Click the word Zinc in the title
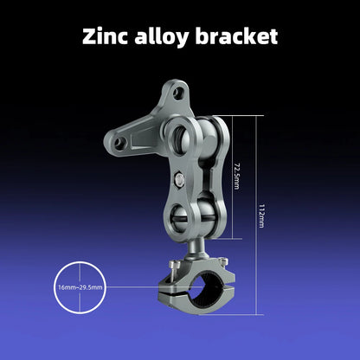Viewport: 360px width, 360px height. pyautogui.click(x=105, y=36)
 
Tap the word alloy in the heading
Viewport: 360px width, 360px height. pyautogui.click(x=162, y=37)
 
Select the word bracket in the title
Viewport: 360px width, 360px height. pyautogui.click(x=236, y=36)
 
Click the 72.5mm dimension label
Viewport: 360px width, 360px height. pyautogui.click(x=236, y=176)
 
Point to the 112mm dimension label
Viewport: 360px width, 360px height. pyautogui.click(x=261, y=216)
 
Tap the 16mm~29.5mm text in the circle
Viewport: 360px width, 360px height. pyautogui.click(x=80, y=287)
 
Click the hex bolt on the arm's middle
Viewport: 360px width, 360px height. pyautogui.click(x=180, y=181)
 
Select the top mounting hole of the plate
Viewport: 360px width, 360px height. pyautogui.click(x=178, y=93)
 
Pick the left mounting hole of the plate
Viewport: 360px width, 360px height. pyautogui.click(x=119, y=142)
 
